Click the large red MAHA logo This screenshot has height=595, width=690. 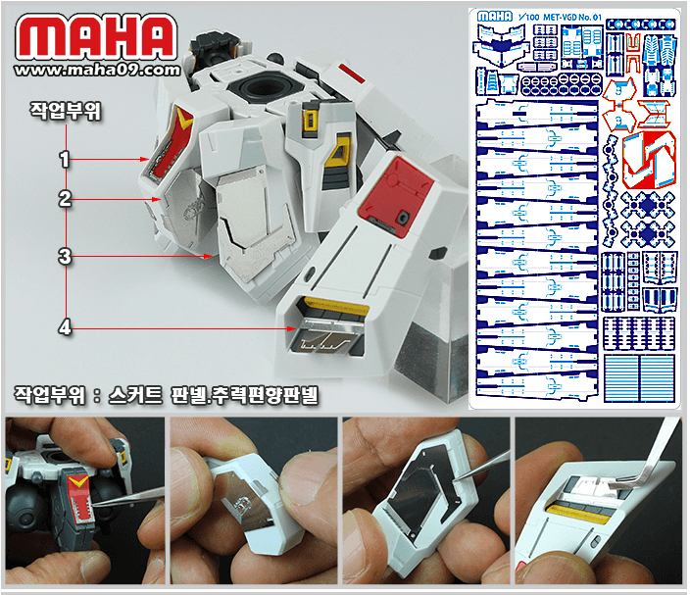[96, 38]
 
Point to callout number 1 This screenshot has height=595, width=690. [64, 157]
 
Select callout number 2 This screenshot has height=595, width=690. [64, 198]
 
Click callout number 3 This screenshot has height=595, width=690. [64, 257]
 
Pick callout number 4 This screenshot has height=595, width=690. [64, 328]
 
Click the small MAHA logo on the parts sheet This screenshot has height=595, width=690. [494, 16]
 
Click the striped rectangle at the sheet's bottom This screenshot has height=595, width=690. [638, 375]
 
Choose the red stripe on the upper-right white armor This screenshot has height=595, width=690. [350, 70]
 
